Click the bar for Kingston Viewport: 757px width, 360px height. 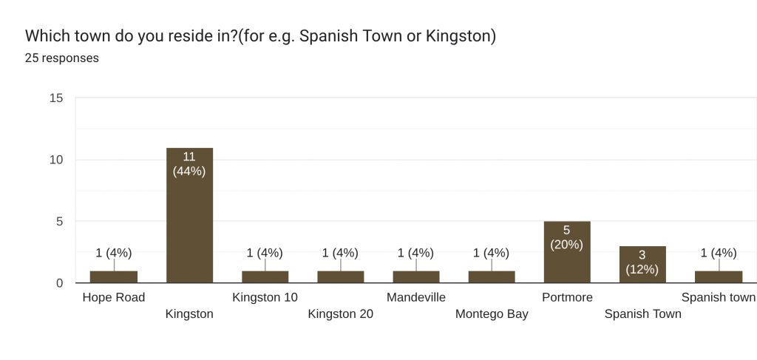189,222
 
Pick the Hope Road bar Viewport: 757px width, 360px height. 114,277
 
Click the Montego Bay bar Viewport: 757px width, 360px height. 492,277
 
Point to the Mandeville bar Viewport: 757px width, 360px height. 415,277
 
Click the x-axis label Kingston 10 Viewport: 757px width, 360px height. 265,297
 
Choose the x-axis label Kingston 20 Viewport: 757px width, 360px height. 340,313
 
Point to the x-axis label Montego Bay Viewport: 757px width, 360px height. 492,313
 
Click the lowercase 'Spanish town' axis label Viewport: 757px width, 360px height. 718,297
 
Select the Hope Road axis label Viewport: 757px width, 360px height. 114,297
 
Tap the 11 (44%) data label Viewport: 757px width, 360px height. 189,163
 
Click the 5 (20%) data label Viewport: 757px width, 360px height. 566,237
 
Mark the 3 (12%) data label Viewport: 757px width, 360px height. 642,262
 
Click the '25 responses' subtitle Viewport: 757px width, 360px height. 62,58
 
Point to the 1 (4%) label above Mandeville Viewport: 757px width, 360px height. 415,253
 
